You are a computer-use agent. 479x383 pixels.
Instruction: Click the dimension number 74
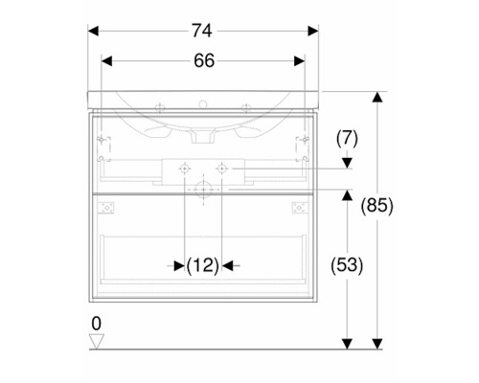pos(202,31)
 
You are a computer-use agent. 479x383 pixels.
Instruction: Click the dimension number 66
pos(204,60)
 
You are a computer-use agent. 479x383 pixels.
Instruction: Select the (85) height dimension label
pos(377,206)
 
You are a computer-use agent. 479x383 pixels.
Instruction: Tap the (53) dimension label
pos(347,265)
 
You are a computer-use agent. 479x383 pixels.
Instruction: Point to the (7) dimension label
pos(347,139)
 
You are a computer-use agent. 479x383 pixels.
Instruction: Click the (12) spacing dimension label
pos(203,265)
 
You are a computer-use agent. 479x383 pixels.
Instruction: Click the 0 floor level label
pos(96,324)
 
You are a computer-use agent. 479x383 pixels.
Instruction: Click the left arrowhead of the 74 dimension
pos(93,32)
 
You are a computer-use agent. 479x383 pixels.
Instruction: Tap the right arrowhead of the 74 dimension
pos(313,32)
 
